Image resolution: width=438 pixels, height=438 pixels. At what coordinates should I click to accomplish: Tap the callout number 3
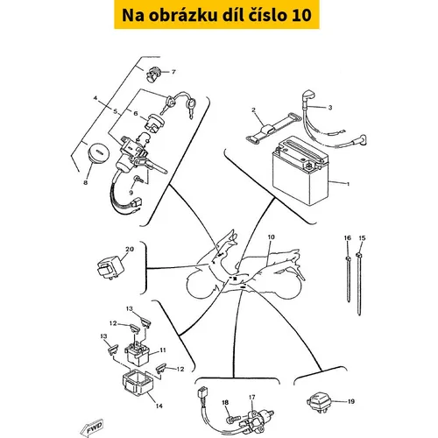pos(330,108)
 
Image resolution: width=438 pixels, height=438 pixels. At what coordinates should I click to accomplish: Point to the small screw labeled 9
pos(138,179)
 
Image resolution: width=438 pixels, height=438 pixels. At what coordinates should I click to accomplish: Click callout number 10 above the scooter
pos(271,237)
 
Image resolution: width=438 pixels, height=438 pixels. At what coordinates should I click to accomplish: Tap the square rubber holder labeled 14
pos(138,382)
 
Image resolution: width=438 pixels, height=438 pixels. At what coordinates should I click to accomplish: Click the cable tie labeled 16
pos(348,279)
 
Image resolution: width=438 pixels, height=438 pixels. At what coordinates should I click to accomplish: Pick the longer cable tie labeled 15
pos(359,284)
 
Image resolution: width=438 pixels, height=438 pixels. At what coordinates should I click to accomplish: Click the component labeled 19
pos(318,403)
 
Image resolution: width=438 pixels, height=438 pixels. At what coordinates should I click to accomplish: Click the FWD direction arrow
pos(91,427)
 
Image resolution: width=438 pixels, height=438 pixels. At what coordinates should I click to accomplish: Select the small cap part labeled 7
pos(152,74)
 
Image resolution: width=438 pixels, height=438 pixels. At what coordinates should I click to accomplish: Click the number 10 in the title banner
pos(301,15)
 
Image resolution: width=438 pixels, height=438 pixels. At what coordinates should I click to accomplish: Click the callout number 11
pos(163,350)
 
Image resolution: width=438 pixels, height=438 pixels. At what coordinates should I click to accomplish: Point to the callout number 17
pos(252,398)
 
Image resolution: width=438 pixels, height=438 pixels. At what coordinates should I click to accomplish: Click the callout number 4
pos(95,98)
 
